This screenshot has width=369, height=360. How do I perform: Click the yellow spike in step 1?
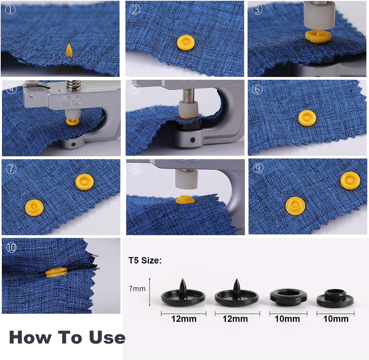click(68, 50)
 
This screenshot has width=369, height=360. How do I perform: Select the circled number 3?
click(257, 10)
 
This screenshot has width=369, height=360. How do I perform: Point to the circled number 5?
click(135, 89)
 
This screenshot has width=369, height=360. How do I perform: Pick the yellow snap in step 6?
click(307, 118)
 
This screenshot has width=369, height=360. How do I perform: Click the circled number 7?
click(11, 169)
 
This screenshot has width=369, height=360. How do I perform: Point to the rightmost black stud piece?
click(335, 298)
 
